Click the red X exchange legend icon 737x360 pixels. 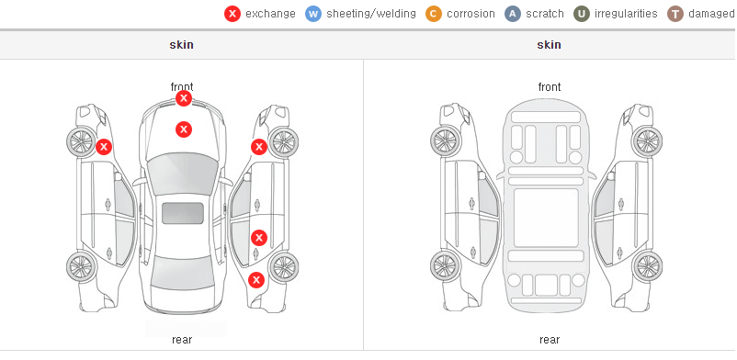click(x=232, y=14)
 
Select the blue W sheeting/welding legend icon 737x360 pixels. click(x=313, y=14)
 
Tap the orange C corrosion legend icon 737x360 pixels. click(x=434, y=14)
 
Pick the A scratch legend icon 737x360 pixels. click(x=513, y=14)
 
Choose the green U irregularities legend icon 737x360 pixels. click(x=582, y=14)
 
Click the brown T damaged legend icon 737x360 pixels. click(x=675, y=14)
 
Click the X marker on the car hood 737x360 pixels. click(x=184, y=129)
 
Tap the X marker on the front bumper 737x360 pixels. click(x=184, y=98)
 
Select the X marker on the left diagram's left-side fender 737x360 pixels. click(x=104, y=147)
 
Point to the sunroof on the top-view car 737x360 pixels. click(x=183, y=213)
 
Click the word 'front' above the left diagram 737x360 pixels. click(x=182, y=86)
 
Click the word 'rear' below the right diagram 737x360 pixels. click(x=550, y=340)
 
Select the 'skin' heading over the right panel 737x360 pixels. click(x=549, y=45)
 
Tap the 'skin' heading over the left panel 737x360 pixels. click(x=181, y=45)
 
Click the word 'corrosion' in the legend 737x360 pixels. click(x=471, y=14)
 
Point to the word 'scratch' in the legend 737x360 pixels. click(x=545, y=14)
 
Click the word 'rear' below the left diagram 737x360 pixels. click(x=182, y=340)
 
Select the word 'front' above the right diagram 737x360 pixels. click(x=550, y=86)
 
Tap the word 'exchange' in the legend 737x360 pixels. click(x=270, y=14)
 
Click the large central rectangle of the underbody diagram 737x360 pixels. click(x=546, y=218)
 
